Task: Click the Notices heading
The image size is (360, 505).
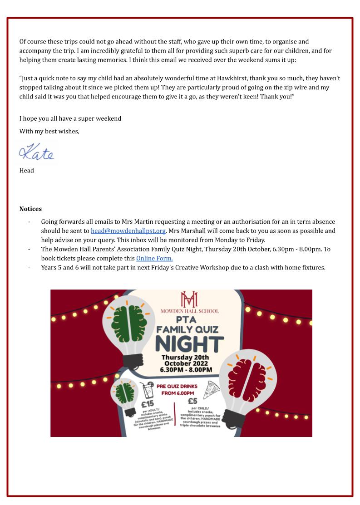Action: click(x=30, y=209)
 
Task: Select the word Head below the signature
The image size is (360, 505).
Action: click(x=26, y=171)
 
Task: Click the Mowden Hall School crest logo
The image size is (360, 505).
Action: click(x=189, y=299)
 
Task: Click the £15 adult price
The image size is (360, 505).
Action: click(x=148, y=403)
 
